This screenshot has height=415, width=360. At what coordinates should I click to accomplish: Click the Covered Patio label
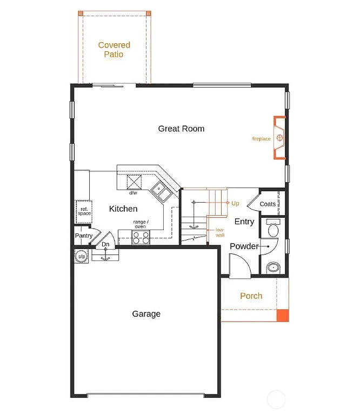pyautogui.click(x=114, y=50)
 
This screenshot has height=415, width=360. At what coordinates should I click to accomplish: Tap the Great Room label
pyautogui.click(x=181, y=129)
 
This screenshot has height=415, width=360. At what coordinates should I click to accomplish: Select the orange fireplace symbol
pyautogui.click(x=279, y=138)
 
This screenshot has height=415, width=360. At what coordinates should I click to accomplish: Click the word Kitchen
pyautogui.click(x=123, y=209)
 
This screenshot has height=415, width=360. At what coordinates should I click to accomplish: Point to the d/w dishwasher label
pyautogui.click(x=132, y=192)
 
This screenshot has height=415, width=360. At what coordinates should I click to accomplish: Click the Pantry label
pyautogui.click(x=84, y=236)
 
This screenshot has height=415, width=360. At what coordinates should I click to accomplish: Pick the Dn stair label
pyautogui.click(x=106, y=245)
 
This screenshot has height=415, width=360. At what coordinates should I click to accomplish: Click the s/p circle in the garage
pyautogui.click(x=82, y=256)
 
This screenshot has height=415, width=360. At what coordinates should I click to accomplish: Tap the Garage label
pyautogui.click(x=146, y=314)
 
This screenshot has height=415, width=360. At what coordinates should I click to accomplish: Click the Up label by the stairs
pyautogui.click(x=235, y=204)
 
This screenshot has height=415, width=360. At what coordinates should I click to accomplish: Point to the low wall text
pyautogui.click(x=220, y=232)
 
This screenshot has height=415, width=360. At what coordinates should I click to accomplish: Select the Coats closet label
pyautogui.click(x=268, y=204)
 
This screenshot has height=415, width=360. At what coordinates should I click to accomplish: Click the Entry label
pyautogui.click(x=244, y=222)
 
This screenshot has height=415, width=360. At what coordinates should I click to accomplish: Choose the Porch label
pyautogui.click(x=251, y=296)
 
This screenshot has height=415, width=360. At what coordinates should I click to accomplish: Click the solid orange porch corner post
pyautogui.click(x=283, y=316)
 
